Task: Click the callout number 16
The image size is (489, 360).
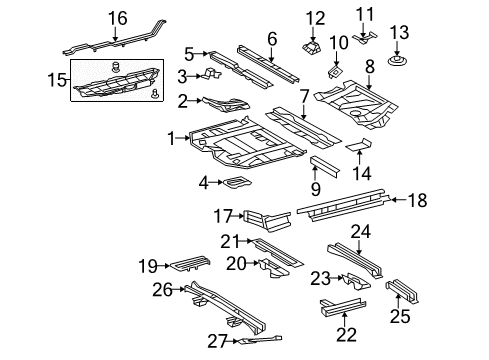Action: click(x=118, y=17)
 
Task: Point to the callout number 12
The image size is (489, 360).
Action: click(x=315, y=17)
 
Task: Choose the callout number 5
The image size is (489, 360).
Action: click(x=189, y=54)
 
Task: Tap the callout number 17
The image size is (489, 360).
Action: click(x=222, y=214)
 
